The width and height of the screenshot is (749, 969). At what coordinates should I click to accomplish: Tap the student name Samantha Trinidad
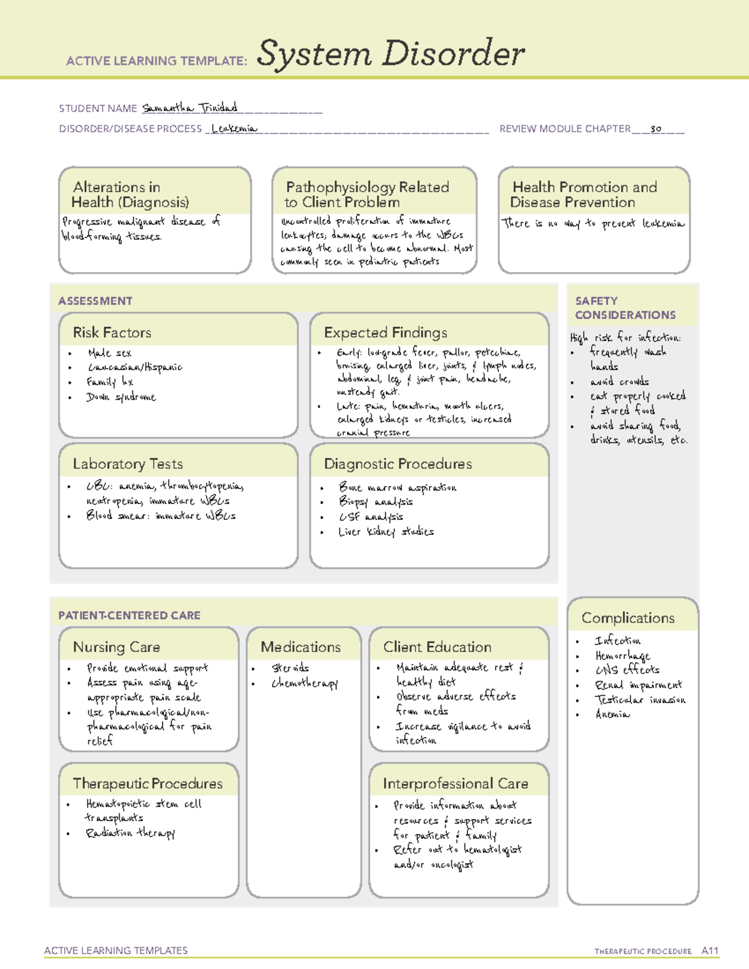coord(190,108)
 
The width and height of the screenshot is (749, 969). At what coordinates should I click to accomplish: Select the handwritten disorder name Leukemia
coord(234,129)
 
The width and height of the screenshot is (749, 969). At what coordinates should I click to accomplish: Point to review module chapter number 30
coord(655,129)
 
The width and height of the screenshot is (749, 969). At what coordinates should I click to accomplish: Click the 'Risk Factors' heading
coord(112,333)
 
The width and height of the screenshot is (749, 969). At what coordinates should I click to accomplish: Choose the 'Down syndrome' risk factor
coord(121,397)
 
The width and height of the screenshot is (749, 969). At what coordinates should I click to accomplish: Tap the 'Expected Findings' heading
coord(385,333)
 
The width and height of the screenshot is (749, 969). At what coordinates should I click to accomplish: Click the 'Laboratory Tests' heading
coord(128,464)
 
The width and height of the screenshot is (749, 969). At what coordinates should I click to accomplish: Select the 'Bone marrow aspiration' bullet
coord(397,487)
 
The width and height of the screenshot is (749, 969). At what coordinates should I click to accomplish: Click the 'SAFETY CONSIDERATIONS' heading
coord(625,308)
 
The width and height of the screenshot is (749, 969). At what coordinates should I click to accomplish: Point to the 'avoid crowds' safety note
coord(619,381)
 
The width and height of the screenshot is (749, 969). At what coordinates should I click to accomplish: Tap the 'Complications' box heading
coord(628,618)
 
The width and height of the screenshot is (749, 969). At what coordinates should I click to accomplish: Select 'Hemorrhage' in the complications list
coord(622,655)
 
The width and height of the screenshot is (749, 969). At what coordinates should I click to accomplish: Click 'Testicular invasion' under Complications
coord(640,699)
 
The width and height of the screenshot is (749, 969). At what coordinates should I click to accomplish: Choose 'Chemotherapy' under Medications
coord(305,683)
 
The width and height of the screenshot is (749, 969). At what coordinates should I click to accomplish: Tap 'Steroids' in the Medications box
coord(290,668)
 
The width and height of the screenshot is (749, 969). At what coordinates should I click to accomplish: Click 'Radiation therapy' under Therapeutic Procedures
coord(130,833)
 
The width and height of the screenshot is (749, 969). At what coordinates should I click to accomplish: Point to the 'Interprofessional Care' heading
coord(455,784)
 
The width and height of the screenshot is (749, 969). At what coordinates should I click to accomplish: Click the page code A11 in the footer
coord(710,951)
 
